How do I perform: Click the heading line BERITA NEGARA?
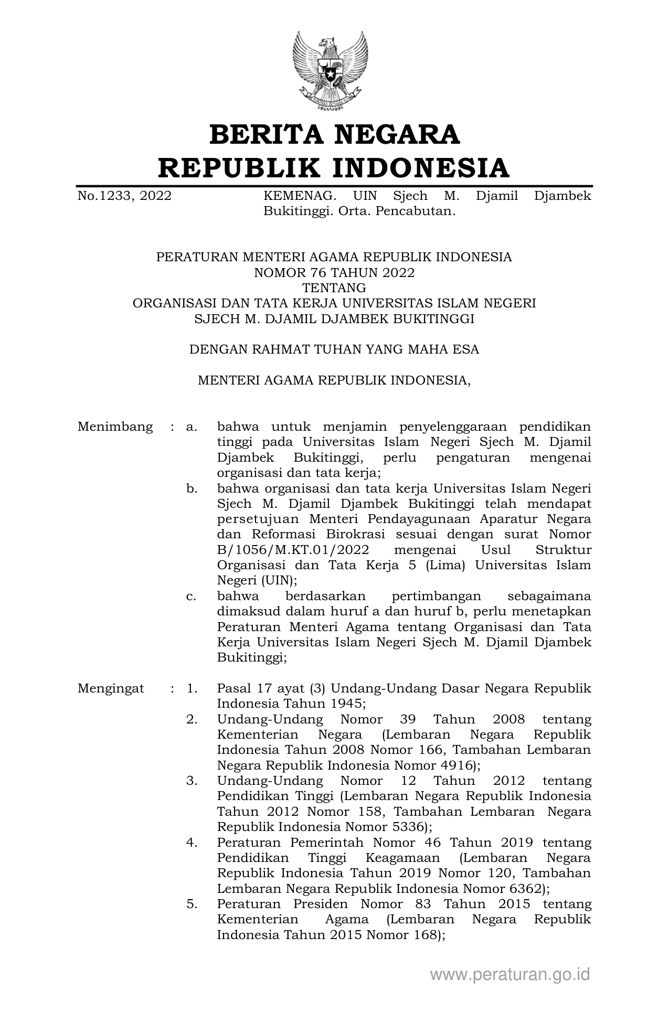click(334, 135)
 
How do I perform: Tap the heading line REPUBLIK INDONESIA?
click(334, 168)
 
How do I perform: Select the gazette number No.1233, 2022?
click(124, 196)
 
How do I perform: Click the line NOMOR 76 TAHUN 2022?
click(334, 273)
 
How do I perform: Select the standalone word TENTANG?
click(334, 288)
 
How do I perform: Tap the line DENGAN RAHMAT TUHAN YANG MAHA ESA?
click(334, 349)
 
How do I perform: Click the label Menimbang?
click(115, 427)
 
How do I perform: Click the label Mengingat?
click(111, 688)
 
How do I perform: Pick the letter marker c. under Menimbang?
click(192, 596)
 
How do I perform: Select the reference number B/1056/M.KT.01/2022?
click(293, 550)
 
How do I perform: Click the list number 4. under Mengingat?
click(192, 843)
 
